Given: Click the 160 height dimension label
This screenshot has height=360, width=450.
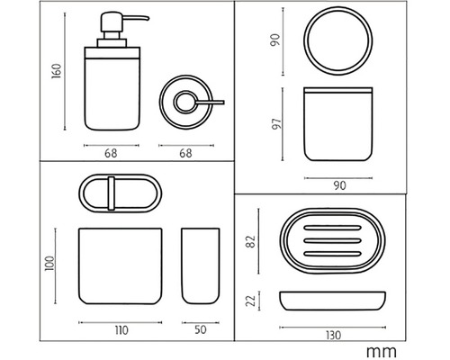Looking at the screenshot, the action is click(x=57, y=71).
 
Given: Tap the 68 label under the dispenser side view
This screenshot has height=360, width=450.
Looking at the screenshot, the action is click(x=111, y=153).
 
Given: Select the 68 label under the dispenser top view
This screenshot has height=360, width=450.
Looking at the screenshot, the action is click(x=185, y=153).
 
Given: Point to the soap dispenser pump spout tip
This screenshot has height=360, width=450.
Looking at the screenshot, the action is click(x=148, y=19).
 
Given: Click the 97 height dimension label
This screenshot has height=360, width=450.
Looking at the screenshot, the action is click(x=276, y=123).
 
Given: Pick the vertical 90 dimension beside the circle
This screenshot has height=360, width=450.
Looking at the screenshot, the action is click(x=275, y=40).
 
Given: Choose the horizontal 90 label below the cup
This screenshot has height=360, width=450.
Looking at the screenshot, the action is click(x=339, y=185).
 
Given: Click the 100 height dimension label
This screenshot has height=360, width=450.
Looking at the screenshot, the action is click(x=49, y=264).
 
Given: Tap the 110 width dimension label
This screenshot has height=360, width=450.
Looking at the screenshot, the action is click(x=121, y=330).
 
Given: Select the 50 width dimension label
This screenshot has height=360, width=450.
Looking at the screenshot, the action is click(x=201, y=329).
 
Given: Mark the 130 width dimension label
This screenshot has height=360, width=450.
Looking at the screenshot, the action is click(x=333, y=335).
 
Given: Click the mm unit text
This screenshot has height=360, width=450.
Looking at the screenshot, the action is click(x=382, y=351).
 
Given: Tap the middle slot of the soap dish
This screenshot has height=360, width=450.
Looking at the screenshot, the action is click(x=332, y=240).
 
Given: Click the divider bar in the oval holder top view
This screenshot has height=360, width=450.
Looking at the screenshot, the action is click(x=112, y=193).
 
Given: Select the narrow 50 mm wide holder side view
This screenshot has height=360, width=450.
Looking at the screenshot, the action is click(x=201, y=266).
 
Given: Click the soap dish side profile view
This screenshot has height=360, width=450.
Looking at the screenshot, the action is click(x=332, y=301).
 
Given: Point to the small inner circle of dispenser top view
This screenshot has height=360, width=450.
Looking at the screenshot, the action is click(x=185, y=103).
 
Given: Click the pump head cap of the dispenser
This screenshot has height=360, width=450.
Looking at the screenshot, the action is click(x=112, y=22).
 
